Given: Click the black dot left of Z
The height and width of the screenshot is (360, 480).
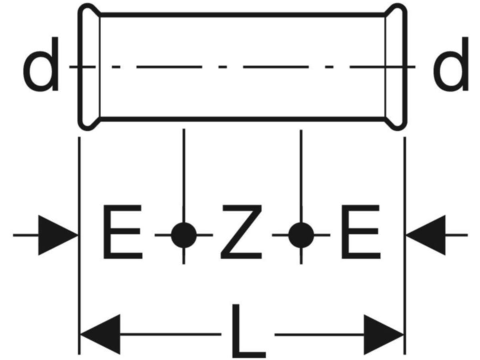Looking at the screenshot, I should (x=184, y=235).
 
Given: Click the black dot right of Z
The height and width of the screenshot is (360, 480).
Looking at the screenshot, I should (x=301, y=235).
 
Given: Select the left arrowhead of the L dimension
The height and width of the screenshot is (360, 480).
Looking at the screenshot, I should (x=100, y=334).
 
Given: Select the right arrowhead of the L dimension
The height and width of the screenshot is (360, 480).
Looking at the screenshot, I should (x=383, y=334).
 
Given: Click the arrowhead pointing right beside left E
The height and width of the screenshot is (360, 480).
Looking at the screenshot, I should (x=58, y=235).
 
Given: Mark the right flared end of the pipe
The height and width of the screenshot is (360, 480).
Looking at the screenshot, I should (x=396, y=67).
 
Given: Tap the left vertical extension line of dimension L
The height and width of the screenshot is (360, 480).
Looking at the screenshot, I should (x=80, y=280).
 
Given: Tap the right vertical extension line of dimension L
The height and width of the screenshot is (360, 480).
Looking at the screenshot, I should (x=404, y=280).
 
